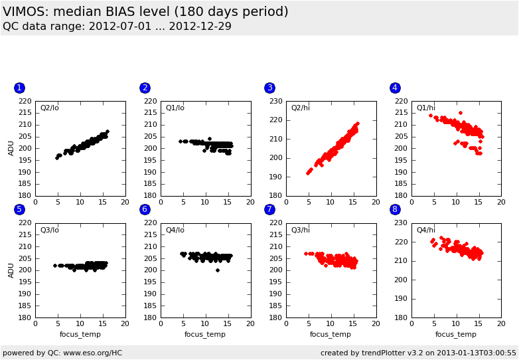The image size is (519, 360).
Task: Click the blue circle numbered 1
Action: click(19, 88)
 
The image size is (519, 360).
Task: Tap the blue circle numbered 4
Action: click(395, 88)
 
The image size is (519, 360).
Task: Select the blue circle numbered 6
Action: click(145, 210)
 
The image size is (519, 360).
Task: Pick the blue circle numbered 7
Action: click(269, 210)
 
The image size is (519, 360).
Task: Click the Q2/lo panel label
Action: click(50, 108)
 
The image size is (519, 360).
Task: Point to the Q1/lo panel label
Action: click(175, 108)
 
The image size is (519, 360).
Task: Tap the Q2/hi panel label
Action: click(301, 108)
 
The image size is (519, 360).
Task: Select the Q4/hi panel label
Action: click(426, 230)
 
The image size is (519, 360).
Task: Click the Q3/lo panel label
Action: click(50, 230)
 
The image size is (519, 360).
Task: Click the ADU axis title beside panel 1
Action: click(11, 148)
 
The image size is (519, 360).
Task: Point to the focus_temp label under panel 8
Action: click(455, 334)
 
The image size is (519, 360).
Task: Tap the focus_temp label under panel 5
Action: click(80, 334)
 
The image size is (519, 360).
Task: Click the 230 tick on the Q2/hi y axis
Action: click(276, 101)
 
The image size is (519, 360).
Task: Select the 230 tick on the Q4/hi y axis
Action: click(402, 223)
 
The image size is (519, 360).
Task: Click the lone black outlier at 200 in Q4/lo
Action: click(217, 270)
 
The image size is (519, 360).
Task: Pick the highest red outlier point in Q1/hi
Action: click(460, 113)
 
